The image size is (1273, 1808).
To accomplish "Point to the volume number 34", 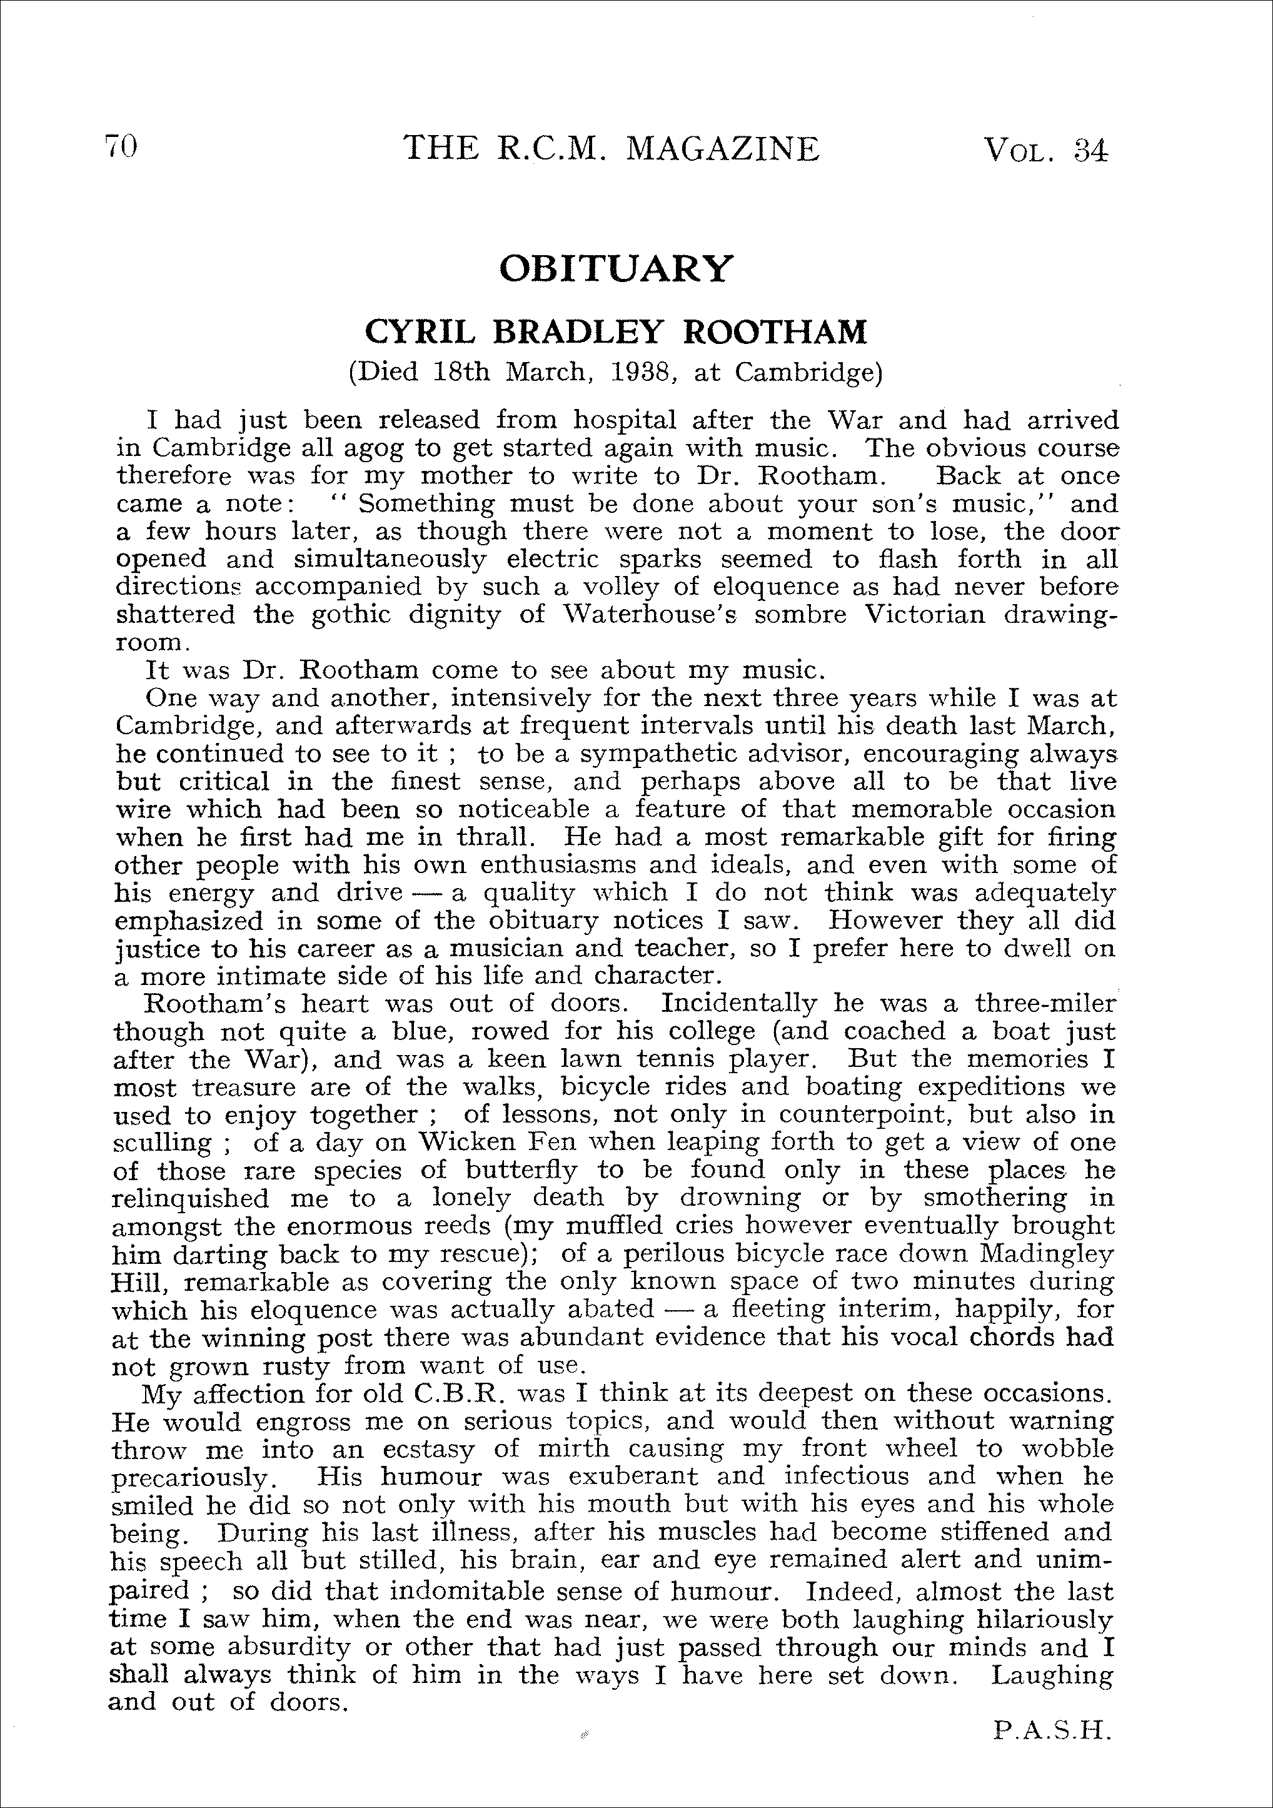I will coord(1090,149).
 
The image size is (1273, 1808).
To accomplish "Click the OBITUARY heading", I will coord(616,268).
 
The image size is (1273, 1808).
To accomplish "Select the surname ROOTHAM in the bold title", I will coord(775,332).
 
